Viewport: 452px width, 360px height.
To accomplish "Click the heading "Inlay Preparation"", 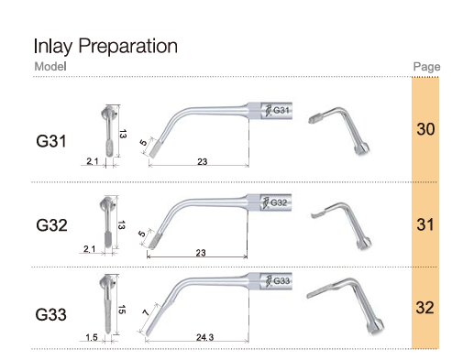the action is (x=105, y=47).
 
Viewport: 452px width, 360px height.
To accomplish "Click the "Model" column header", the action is (x=50, y=66).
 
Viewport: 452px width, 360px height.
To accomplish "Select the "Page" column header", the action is (x=426, y=67).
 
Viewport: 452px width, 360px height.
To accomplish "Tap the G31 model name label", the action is (x=51, y=141).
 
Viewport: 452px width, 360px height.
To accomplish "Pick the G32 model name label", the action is (x=51, y=225).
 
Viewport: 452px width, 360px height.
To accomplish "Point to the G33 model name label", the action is (x=50, y=314).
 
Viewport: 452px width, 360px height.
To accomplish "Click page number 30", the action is (x=425, y=129).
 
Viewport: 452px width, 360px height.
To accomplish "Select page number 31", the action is (x=425, y=224).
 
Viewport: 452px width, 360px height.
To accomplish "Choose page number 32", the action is (x=424, y=308).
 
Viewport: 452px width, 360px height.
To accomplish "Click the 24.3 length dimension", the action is (x=204, y=337).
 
